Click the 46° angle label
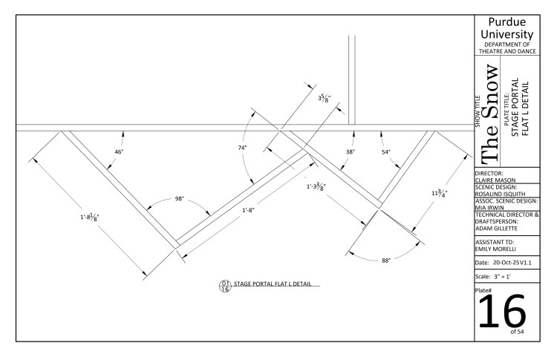(119, 152)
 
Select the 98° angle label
(180, 199)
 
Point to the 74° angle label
(242, 148)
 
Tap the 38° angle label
(351, 152)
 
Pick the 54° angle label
(386, 152)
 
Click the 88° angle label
(386, 261)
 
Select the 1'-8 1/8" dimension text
(90, 217)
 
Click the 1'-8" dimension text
(249, 210)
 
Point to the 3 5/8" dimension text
(325, 98)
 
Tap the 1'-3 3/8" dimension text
(316, 186)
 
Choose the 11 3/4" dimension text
(440, 193)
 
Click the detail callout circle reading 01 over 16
(225, 287)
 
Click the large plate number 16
(502, 312)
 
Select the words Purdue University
(507, 28)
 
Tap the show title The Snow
(490, 114)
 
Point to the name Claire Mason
(495, 180)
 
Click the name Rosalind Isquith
(500, 194)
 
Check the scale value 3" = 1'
(502, 277)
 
